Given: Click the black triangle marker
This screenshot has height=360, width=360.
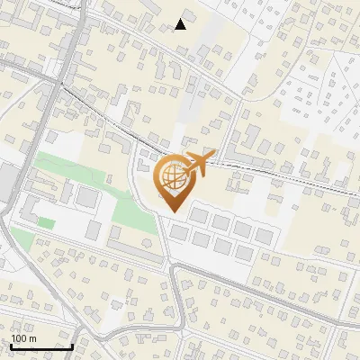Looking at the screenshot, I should (x=180, y=24).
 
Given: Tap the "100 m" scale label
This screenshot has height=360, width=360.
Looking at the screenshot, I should (x=23, y=338).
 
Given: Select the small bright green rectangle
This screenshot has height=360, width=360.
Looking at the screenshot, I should (x=46, y=222).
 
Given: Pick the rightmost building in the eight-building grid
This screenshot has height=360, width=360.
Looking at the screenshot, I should (x=264, y=236).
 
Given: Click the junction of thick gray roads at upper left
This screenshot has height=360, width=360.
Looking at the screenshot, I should (x=59, y=83).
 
